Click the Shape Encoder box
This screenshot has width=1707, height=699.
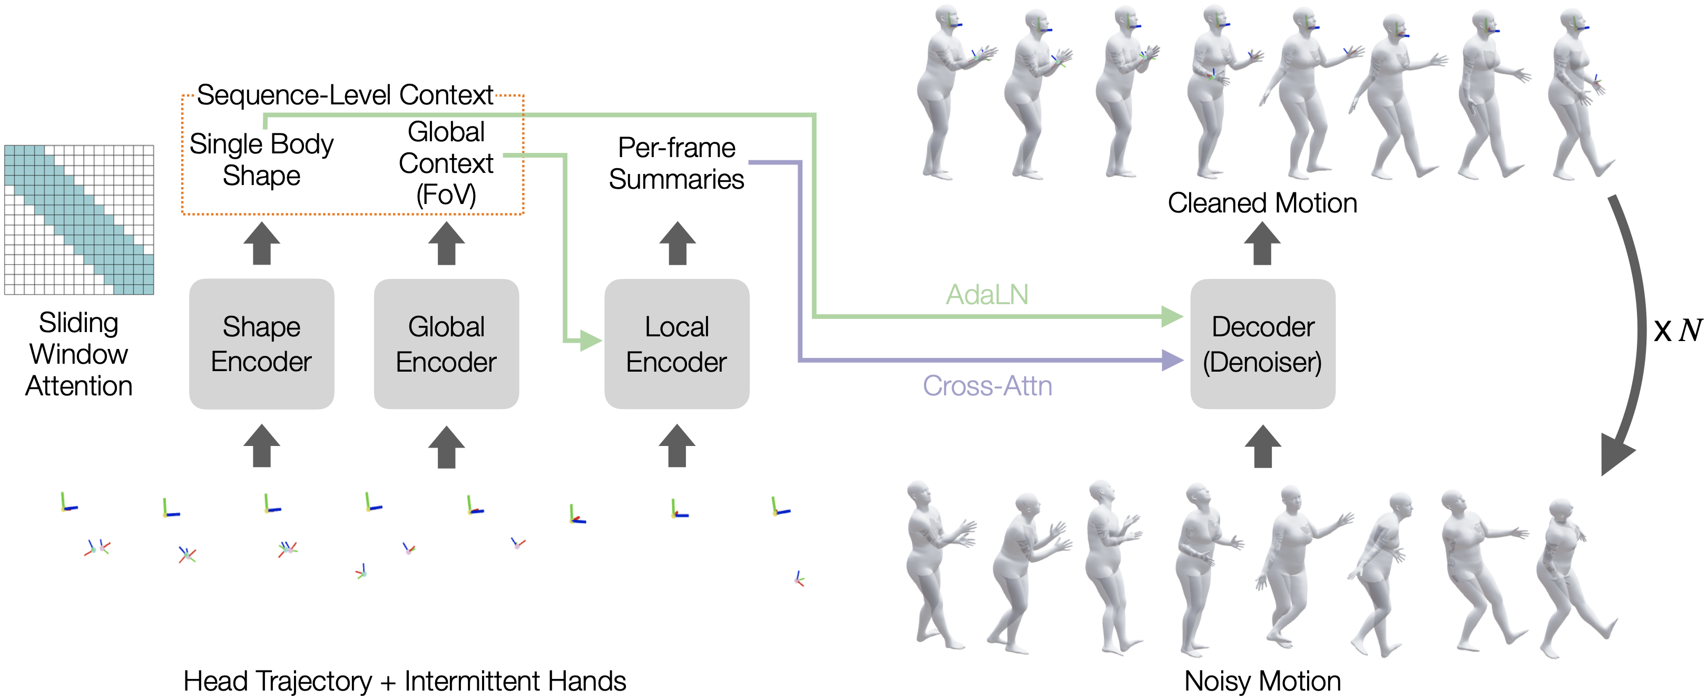[x=261, y=344]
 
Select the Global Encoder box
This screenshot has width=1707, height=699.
[x=446, y=344]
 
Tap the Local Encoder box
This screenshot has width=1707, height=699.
[x=676, y=344]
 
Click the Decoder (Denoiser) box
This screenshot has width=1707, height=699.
[x=1262, y=344]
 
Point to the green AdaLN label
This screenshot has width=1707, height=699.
[x=987, y=295]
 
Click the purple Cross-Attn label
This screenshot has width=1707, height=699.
[x=987, y=386]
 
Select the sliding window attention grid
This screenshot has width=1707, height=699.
[x=79, y=219]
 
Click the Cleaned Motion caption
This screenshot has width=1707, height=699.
[x=1262, y=203]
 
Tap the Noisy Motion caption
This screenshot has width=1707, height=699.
[x=1262, y=681]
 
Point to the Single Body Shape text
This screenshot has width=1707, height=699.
[x=261, y=160]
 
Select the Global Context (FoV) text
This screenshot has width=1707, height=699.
[x=446, y=163]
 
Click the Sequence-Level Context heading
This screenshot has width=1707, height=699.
[x=345, y=95]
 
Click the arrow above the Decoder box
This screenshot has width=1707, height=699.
[x=1262, y=244]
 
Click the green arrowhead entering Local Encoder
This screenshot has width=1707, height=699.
[x=590, y=342]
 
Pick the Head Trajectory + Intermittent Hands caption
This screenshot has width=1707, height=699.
[x=404, y=681]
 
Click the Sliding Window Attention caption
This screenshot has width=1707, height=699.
[x=79, y=354]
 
